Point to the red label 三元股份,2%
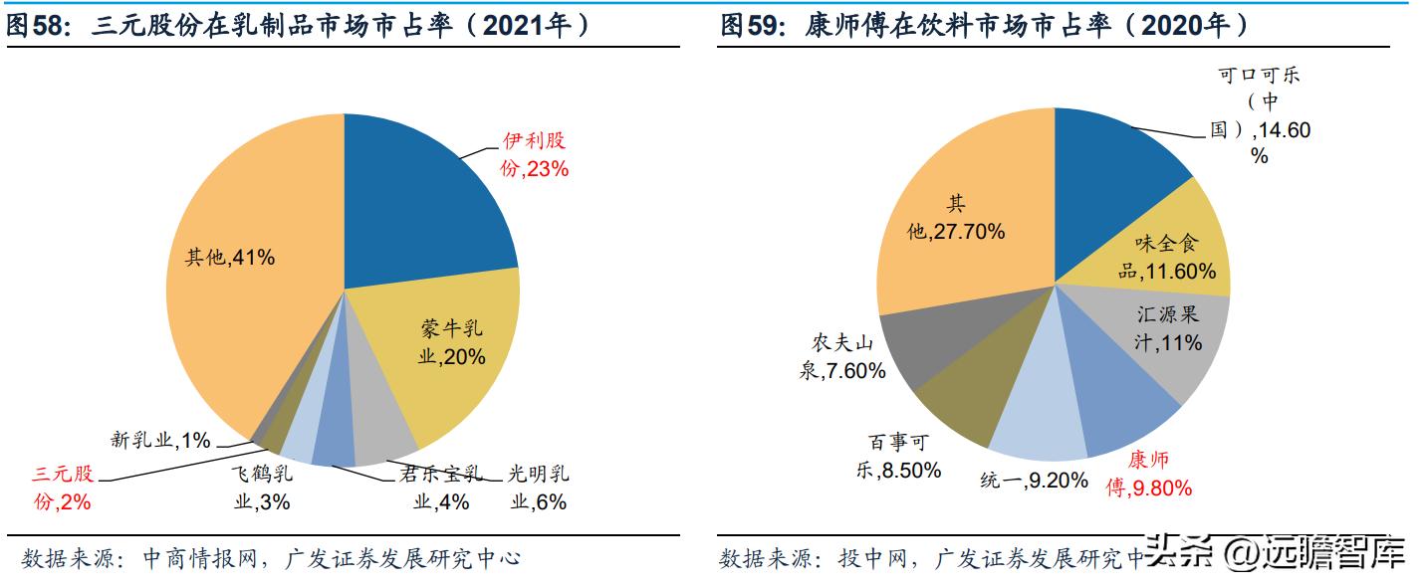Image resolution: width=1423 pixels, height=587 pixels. click(63, 488)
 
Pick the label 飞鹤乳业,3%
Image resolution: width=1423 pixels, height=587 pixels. click(262, 488)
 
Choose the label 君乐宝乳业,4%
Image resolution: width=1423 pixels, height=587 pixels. click(443, 488)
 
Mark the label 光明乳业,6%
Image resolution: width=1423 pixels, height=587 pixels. click(539, 488)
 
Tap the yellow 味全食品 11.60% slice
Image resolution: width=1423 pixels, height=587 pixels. click(1175, 249)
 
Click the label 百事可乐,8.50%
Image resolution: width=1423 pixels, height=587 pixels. click(897, 457)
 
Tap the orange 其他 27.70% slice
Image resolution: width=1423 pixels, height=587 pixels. click(956, 219)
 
